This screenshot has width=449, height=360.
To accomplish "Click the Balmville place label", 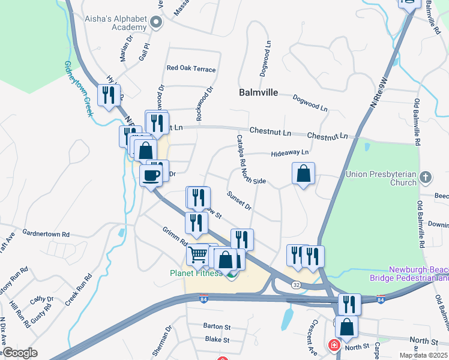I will click(259, 93).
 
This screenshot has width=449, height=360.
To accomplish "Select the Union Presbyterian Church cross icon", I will click(425, 177).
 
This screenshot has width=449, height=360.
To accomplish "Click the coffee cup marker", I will click(151, 175).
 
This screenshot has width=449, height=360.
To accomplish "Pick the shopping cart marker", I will click(197, 254).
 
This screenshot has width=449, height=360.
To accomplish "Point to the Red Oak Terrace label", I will click(191, 69).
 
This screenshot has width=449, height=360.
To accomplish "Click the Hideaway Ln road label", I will click(289, 154).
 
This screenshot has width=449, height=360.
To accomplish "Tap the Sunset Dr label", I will click(239, 200).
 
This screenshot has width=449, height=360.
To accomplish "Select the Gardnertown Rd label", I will click(46, 233).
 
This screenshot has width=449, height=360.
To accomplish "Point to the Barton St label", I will click(217, 327).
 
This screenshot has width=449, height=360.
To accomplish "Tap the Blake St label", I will click(217, 339).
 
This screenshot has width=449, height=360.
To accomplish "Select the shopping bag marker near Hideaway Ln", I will click(304, 173).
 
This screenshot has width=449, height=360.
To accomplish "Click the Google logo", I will click(20, 353).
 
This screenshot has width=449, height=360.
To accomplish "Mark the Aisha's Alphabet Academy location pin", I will click(157, 23).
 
